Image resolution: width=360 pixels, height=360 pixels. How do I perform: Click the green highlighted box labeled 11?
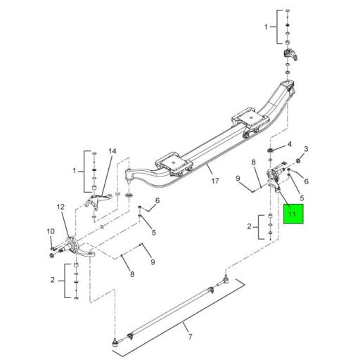293,213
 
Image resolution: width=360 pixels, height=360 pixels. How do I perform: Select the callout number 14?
111,151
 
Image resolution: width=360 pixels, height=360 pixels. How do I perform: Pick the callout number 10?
51,231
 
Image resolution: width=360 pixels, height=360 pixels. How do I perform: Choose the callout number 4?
288,146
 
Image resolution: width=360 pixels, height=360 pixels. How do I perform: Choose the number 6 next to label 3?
307,181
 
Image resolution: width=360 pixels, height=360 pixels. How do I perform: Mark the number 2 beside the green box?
249,226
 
